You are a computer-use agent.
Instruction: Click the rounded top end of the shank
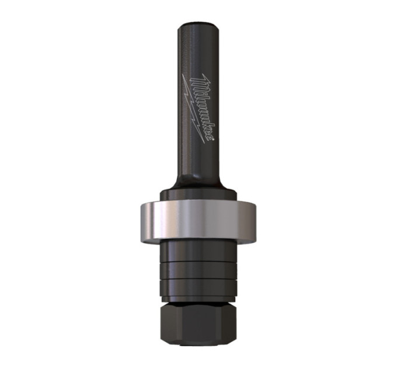pos(198,26)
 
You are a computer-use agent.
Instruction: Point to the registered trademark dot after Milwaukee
pos(213,139)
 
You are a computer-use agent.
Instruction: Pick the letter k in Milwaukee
pos(206,124)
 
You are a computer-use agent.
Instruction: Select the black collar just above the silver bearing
pos(198,196)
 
